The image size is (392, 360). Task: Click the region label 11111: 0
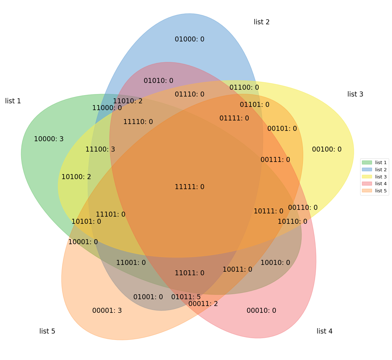coord(189,187)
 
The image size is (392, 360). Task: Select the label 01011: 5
coord(186,297)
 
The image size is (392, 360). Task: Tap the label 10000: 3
coord(49,139)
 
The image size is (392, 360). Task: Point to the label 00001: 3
coord(107,311)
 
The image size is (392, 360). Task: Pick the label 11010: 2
coord(128,101)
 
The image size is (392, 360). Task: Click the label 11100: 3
coord(100,149)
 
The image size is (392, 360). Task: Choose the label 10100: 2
coord(76,177)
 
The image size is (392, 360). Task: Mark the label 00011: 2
coord(203,304)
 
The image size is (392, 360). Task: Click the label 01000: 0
coord(189,39)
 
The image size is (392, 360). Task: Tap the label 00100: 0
coord(327,149)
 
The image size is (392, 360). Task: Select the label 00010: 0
coord(261,311)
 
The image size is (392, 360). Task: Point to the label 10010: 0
coord(275,263)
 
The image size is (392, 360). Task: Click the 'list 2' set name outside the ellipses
coord(262,22)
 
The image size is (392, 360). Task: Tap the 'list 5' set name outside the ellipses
coord(47,331)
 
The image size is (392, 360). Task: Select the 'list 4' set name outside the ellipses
coord(324,331)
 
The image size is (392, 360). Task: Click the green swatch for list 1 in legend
coord(367,163)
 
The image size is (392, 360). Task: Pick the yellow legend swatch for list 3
coord(367,177)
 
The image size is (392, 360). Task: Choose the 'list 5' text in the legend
coord(381,191)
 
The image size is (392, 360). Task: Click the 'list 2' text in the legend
coord(381,170)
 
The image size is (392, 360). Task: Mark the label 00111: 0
coord(275,160)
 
